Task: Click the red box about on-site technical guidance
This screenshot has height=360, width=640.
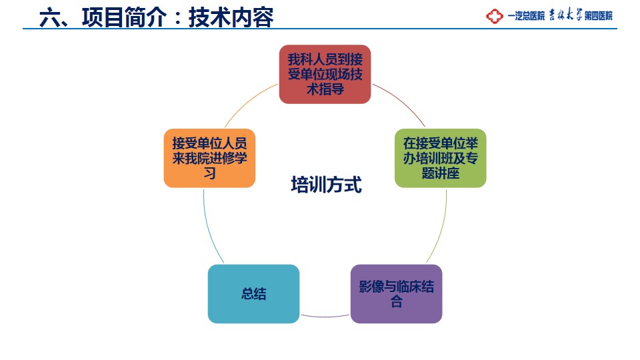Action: [325, 74]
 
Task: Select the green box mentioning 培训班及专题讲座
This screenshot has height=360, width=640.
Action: [441, 159]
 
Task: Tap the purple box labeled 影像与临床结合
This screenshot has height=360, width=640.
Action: [396, 294]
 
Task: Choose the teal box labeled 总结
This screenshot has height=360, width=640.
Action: [253, 294]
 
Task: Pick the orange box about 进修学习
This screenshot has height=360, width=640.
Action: [209, 159]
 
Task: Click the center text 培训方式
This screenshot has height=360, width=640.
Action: [326, 185]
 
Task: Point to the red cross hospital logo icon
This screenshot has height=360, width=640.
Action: [494, 16]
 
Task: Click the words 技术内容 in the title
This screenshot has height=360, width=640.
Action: [231, 17]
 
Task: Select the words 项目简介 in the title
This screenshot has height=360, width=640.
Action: [125, 17]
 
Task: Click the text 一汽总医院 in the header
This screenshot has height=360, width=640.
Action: [526, 16]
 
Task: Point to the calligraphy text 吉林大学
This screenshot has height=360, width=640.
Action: [565, 15]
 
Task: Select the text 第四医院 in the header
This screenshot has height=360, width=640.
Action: [599, 16]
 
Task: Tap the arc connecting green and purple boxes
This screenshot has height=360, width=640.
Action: [441, 227]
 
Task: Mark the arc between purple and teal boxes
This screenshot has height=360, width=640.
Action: [325, 316]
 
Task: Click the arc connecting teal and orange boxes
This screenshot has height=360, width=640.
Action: [209, 227]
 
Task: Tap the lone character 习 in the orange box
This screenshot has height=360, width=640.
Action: [209, 173]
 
